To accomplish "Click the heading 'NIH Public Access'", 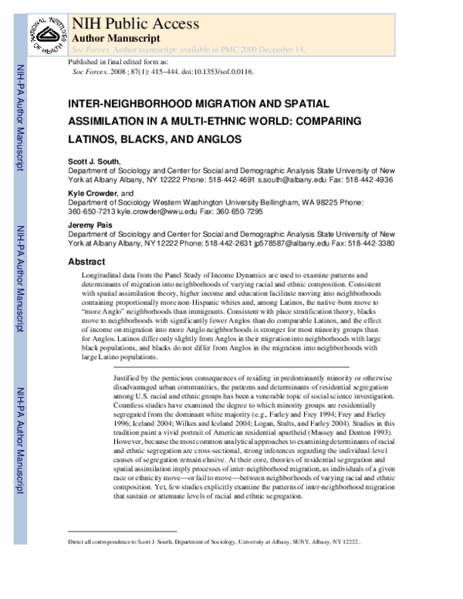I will point(124,22).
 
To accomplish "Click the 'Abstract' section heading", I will point(86,262).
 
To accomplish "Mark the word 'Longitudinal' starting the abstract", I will point(103,275).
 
